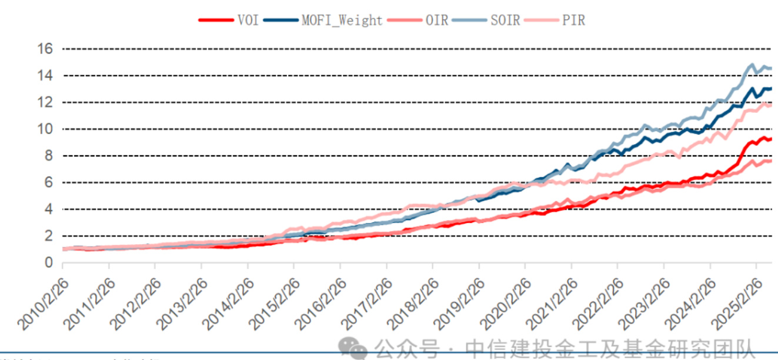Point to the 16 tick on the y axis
point(46,49)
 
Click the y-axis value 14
point(46,76)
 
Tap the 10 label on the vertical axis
point(46,129)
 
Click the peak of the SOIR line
point(752,65)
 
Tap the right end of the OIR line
point(770,161)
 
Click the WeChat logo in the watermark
point(355,347)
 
